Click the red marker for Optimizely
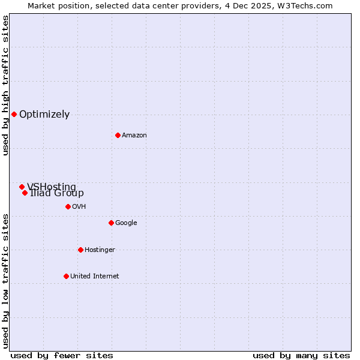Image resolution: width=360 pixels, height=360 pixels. tap(14, 114)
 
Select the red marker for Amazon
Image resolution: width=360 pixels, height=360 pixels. tap(118, 135)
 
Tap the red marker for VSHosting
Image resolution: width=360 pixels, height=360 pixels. tap(22, 187)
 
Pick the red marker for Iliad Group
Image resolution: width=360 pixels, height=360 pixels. tap(25, 193)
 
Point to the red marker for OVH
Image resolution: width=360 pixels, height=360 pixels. tap(68, 206)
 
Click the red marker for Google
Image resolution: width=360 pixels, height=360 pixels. tap(111, 223)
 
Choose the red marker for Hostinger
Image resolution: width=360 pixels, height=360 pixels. tap(80, 250)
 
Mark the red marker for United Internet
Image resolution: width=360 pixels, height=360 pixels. tap(66, 276)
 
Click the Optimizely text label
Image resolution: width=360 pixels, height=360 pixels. tap(44, 115)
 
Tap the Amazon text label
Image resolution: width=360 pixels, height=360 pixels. tap(134, 136)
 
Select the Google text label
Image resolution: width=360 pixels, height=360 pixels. tap(126, 223)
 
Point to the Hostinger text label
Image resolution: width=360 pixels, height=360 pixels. tap(100, 250)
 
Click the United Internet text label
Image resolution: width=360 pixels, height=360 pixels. tap(94, 277)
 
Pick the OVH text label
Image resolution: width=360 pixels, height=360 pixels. tap(79, 207)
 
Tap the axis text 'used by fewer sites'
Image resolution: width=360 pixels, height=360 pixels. tap(62, 355)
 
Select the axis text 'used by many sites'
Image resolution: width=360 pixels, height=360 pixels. tap(301, 355)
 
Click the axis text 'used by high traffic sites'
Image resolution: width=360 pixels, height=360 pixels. tap(5, 85)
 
